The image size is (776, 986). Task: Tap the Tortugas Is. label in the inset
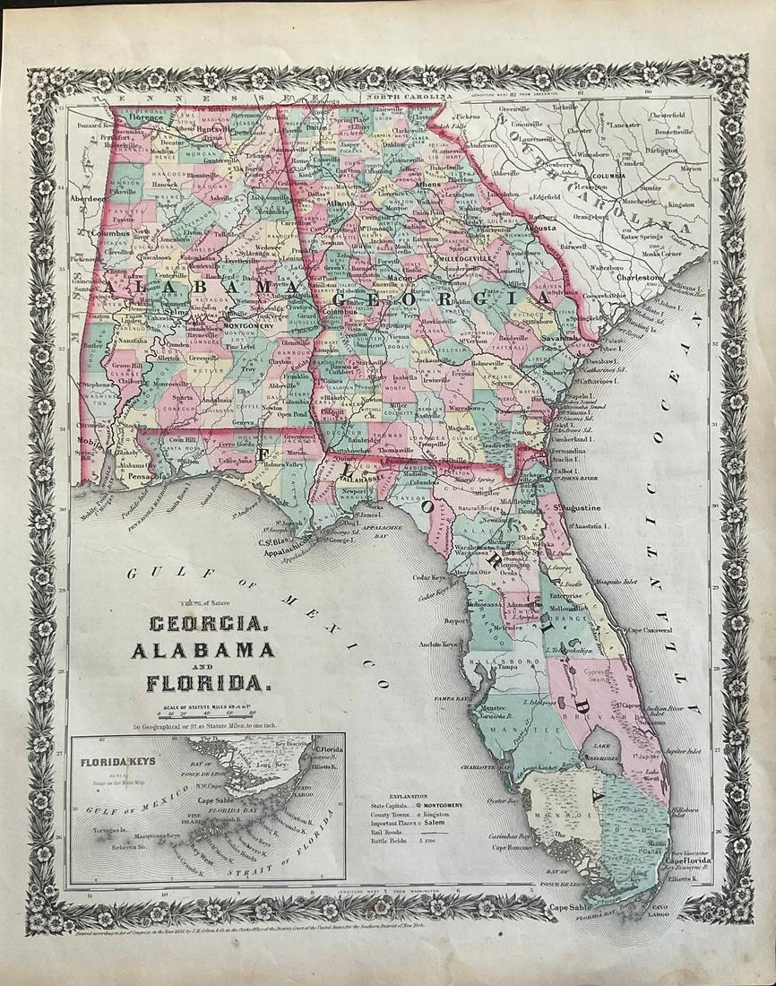tap(105, 832)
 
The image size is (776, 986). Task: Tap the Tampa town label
tap(509, 668)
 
